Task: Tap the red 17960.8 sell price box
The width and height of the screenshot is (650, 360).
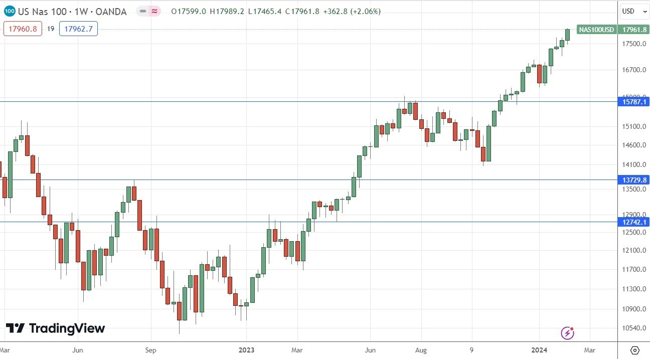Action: tap(23, 29)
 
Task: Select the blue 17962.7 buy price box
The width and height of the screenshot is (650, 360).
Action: tap(78, 29)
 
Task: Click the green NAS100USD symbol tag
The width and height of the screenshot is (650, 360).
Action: tap(596, 30)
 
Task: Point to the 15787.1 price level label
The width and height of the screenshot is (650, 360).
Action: tap(634, 102)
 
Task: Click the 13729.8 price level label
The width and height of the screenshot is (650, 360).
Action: tap(634, 179)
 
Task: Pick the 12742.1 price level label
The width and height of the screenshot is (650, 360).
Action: tap(634, 222)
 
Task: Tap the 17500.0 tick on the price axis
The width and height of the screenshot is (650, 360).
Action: tap(633, 44)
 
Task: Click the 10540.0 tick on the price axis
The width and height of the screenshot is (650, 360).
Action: tap(633, 328)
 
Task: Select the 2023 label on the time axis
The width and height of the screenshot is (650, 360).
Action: tap(247, 349)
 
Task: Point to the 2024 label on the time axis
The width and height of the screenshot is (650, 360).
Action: tap(540, 349)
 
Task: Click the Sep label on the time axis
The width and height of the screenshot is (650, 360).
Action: tap(151, 349)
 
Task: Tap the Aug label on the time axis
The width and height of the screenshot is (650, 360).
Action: tap(421, 349)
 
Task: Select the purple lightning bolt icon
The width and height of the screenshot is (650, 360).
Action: tap(567, 332)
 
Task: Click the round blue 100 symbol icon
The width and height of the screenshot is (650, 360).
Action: tap(9, 11)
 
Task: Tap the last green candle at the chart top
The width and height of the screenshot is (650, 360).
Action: tap(568, 35)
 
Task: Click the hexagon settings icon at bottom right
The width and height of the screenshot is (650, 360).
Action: tap(634, 350)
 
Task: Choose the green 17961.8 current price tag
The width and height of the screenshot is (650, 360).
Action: tap(634, 30)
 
